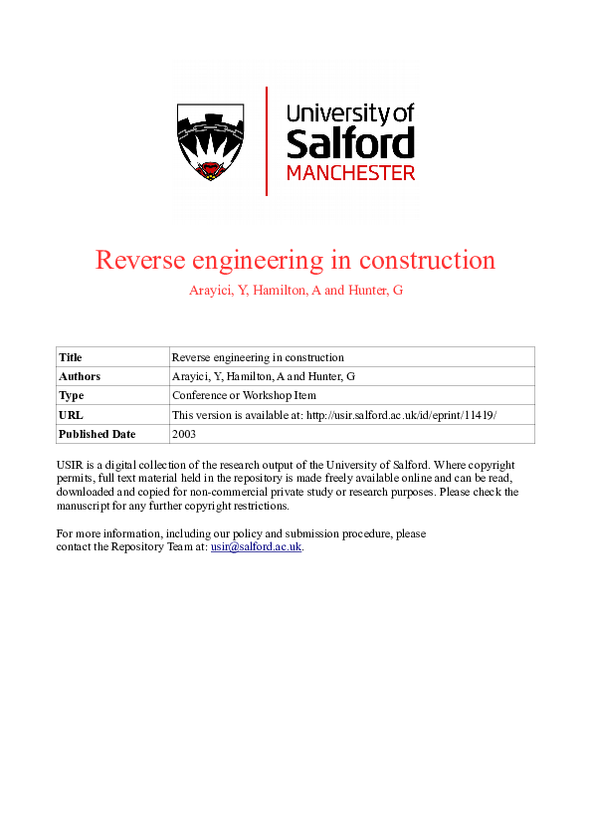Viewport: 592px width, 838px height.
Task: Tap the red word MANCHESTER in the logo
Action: tap(350, 173)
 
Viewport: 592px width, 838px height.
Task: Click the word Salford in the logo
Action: tap(350, 143)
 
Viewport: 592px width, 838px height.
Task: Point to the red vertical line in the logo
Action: tap(267, 140)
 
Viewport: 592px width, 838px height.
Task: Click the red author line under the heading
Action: tap(296, 291)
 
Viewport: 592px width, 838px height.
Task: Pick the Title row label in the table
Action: tap(71, 357)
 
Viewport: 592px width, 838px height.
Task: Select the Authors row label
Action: tap(80, 376)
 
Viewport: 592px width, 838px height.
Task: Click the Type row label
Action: tap(71, 395)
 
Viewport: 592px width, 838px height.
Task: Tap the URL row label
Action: tap(71, 414)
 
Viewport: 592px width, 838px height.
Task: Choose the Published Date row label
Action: tap(97, 434)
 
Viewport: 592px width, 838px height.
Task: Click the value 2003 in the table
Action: tap(185, 434)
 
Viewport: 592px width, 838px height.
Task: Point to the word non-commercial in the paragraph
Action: tap(237, 493)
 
